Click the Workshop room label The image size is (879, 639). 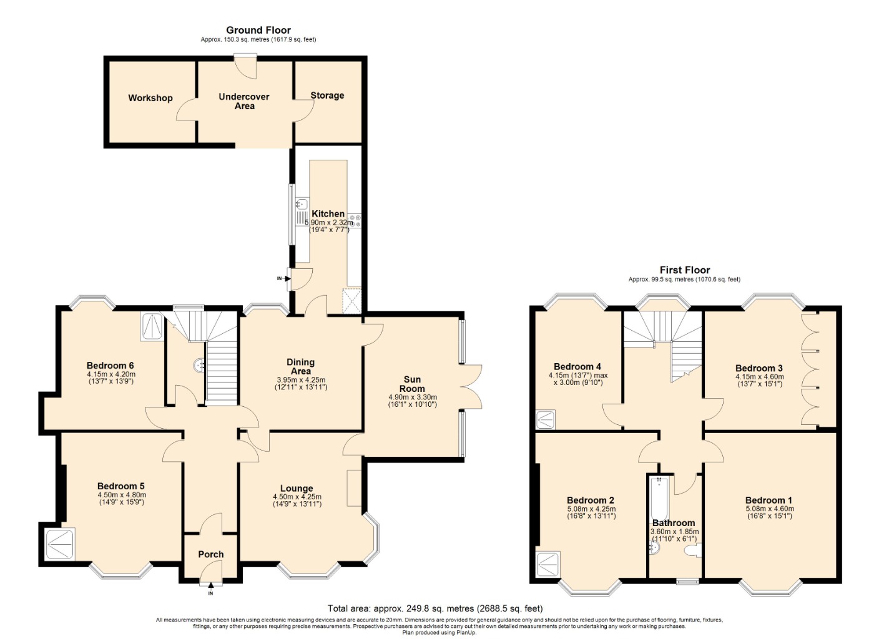(x=150, y=98)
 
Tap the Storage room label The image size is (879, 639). (x=327, y=95)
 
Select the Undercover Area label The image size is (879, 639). (x=244, y=101)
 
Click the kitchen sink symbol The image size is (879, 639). (x=302, y=203)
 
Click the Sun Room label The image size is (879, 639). (x=412, y=384)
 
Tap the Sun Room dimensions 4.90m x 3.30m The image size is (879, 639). (x=412, y=398)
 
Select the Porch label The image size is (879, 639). (x=210, y=554)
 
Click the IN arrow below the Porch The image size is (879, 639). (x=210, y=586)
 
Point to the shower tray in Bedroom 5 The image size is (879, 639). (x=61, y=544)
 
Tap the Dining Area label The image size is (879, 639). (x=300, y=366)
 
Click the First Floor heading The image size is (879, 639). (x=684, y=270)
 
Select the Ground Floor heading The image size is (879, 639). (x=258, y=30)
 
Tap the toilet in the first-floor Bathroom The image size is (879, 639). (x=692, y=551)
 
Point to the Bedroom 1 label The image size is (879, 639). (x=769, y=500)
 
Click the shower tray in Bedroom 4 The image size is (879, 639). (x=545, y=419)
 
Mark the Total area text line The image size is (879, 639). (x=435, y=608)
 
